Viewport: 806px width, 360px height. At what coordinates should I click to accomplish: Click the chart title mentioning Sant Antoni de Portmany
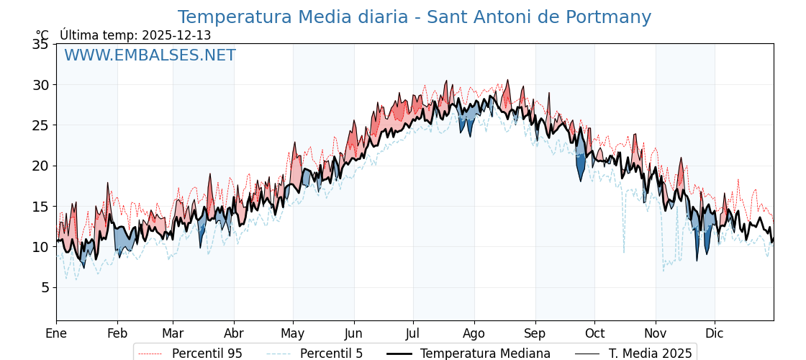point(415,17)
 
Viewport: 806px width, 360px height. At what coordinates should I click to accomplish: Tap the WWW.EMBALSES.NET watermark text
point(150,55)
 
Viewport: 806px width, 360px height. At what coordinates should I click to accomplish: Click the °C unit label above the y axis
point(42,35)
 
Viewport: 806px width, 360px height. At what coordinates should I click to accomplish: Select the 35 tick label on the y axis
point(40,45)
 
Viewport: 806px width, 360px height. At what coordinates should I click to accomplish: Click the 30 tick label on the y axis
point(40,85)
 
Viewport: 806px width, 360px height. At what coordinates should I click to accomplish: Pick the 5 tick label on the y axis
point(44,287)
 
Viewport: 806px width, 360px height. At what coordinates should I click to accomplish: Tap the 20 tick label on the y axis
point(40,166)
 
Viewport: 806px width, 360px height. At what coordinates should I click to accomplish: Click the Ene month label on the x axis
point(56,333)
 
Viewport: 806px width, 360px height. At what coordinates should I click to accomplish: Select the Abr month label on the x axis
point(234,333)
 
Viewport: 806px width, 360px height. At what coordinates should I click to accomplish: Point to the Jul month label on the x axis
point(413,333)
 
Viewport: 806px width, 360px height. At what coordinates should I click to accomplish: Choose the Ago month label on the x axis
point(474,333)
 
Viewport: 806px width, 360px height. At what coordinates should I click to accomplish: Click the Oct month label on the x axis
point(594,333)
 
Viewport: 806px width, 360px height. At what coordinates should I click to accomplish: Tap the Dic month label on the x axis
point(715,333)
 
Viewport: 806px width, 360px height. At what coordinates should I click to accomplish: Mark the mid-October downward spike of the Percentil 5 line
point(624,251)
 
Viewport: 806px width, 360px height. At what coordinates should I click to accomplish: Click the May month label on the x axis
point(293,333)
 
